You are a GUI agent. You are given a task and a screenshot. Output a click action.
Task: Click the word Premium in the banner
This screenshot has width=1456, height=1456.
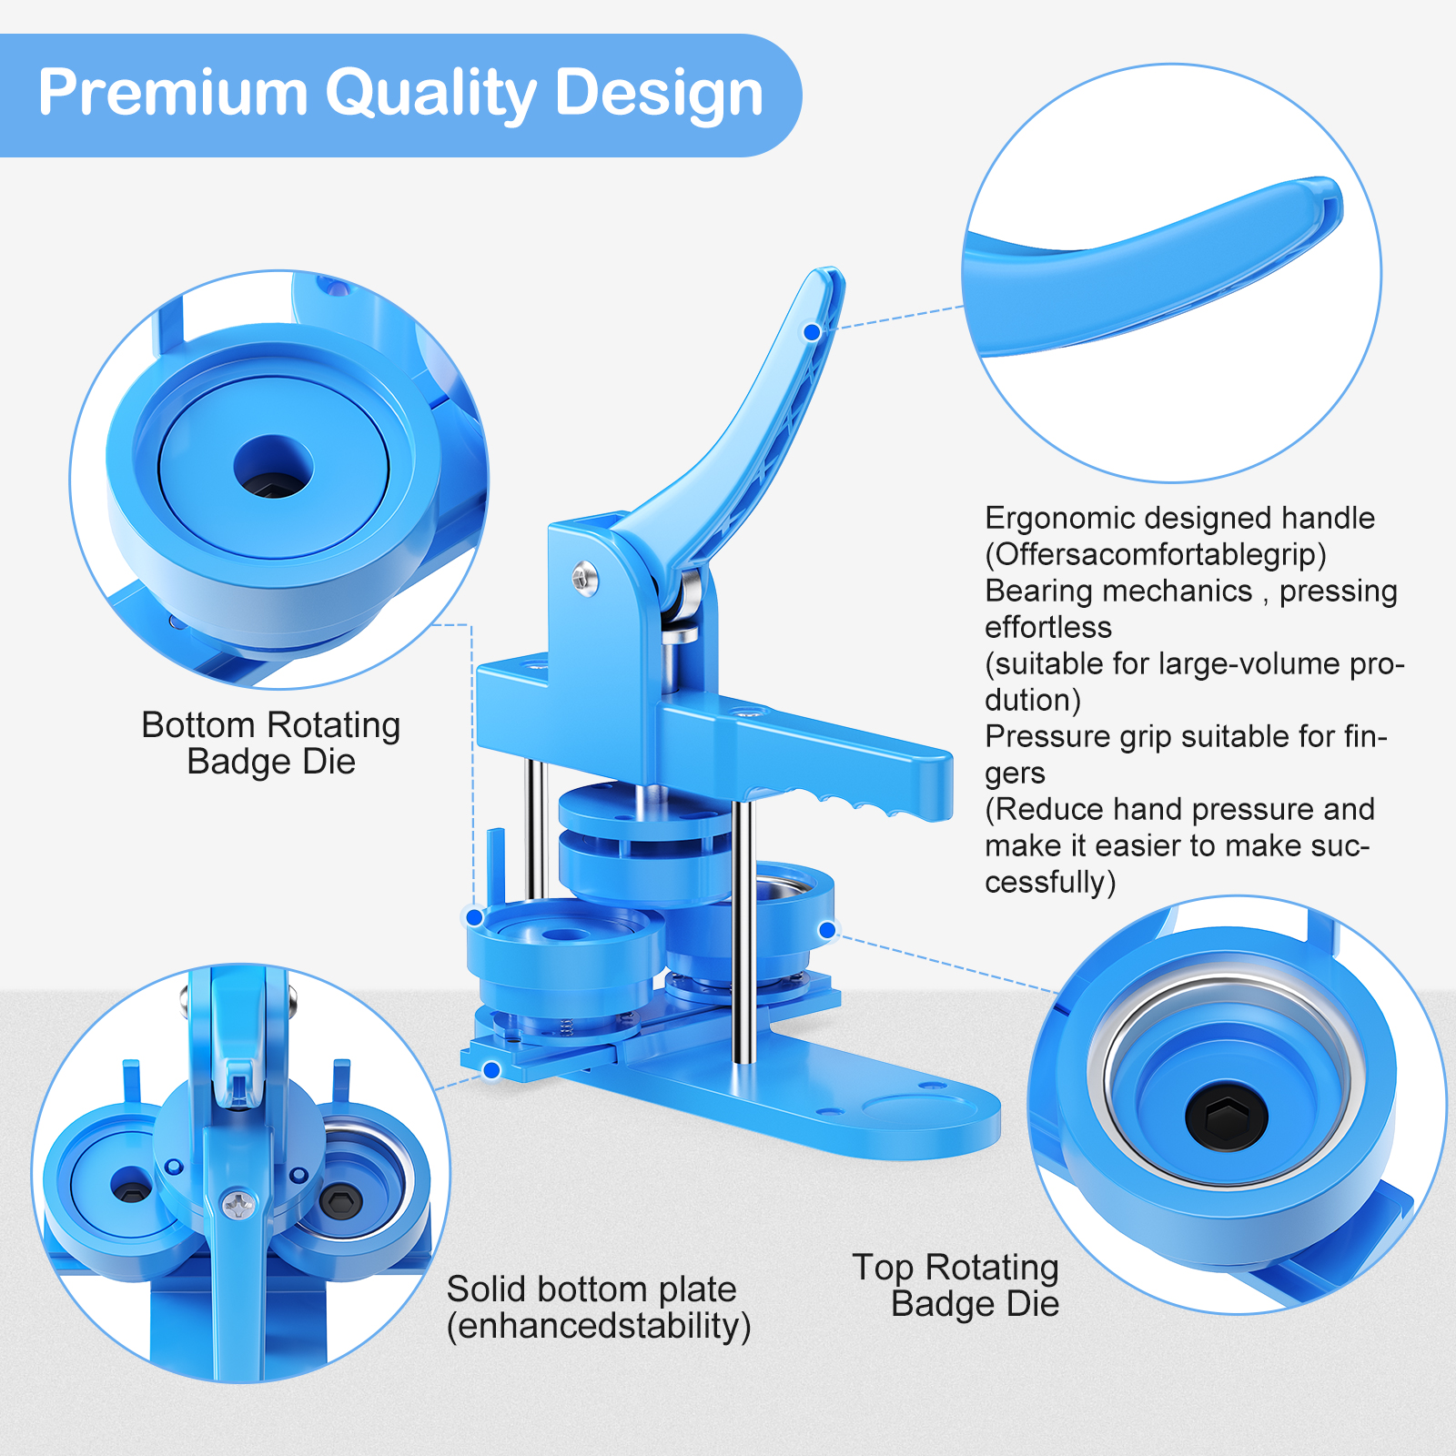pyautogui.click(x=173, y=93)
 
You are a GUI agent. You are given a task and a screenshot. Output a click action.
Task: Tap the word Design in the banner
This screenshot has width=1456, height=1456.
pyautogui.click(x=659, y=95)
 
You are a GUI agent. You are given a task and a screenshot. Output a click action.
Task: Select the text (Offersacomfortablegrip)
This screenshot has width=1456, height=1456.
pyautogui.click(x=1156, y=554)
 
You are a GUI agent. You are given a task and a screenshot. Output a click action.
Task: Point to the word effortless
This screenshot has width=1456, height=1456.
pyautogui.click(x=1048, y=627)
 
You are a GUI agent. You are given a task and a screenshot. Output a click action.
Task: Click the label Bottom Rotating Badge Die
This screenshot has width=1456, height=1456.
pyautogui.click(x=271, y=743)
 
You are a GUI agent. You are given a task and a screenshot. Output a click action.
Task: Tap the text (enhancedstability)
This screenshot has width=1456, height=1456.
pyautogui.click(x=599, y=1326)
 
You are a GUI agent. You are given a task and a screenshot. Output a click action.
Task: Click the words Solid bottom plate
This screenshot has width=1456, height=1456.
pyautogui.click(x=591, y=1289)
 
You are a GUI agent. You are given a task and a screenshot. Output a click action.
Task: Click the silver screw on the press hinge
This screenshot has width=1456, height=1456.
pyautogui.click(x=584, y=576)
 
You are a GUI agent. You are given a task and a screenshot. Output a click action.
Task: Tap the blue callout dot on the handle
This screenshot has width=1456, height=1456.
pyautogui.click(x=812, y=333)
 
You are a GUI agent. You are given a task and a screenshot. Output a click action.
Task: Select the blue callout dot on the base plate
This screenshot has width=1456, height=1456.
pyautogui.click(x=491, y=1070)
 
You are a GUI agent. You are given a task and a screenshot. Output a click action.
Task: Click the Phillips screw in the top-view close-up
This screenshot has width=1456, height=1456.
pyautogui.click(x=238, y=1206)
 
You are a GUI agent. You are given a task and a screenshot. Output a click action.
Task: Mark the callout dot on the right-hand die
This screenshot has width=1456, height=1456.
pyautogui.click(x=827, y=930)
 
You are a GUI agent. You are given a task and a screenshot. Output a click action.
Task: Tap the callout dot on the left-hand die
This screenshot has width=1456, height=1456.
pyautogui.click(x=475, y=916)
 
